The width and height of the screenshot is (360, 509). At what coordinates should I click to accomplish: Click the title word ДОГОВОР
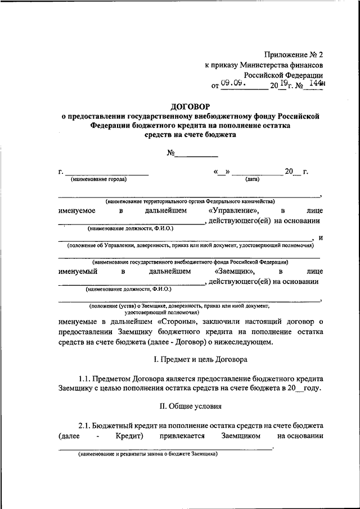(x=190, y=106)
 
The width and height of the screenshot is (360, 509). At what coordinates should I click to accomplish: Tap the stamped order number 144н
(x=316, y=84)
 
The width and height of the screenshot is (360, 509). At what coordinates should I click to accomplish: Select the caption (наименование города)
(x=98, y=179)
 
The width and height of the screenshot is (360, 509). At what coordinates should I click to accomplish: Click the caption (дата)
(x=251, y=179)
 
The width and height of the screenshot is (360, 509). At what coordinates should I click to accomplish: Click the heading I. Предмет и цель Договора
(x=190, y=358)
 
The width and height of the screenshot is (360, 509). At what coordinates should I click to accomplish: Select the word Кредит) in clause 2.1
(x=130, y=436)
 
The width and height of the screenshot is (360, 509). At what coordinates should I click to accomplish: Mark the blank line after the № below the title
(x=198, y=153)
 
